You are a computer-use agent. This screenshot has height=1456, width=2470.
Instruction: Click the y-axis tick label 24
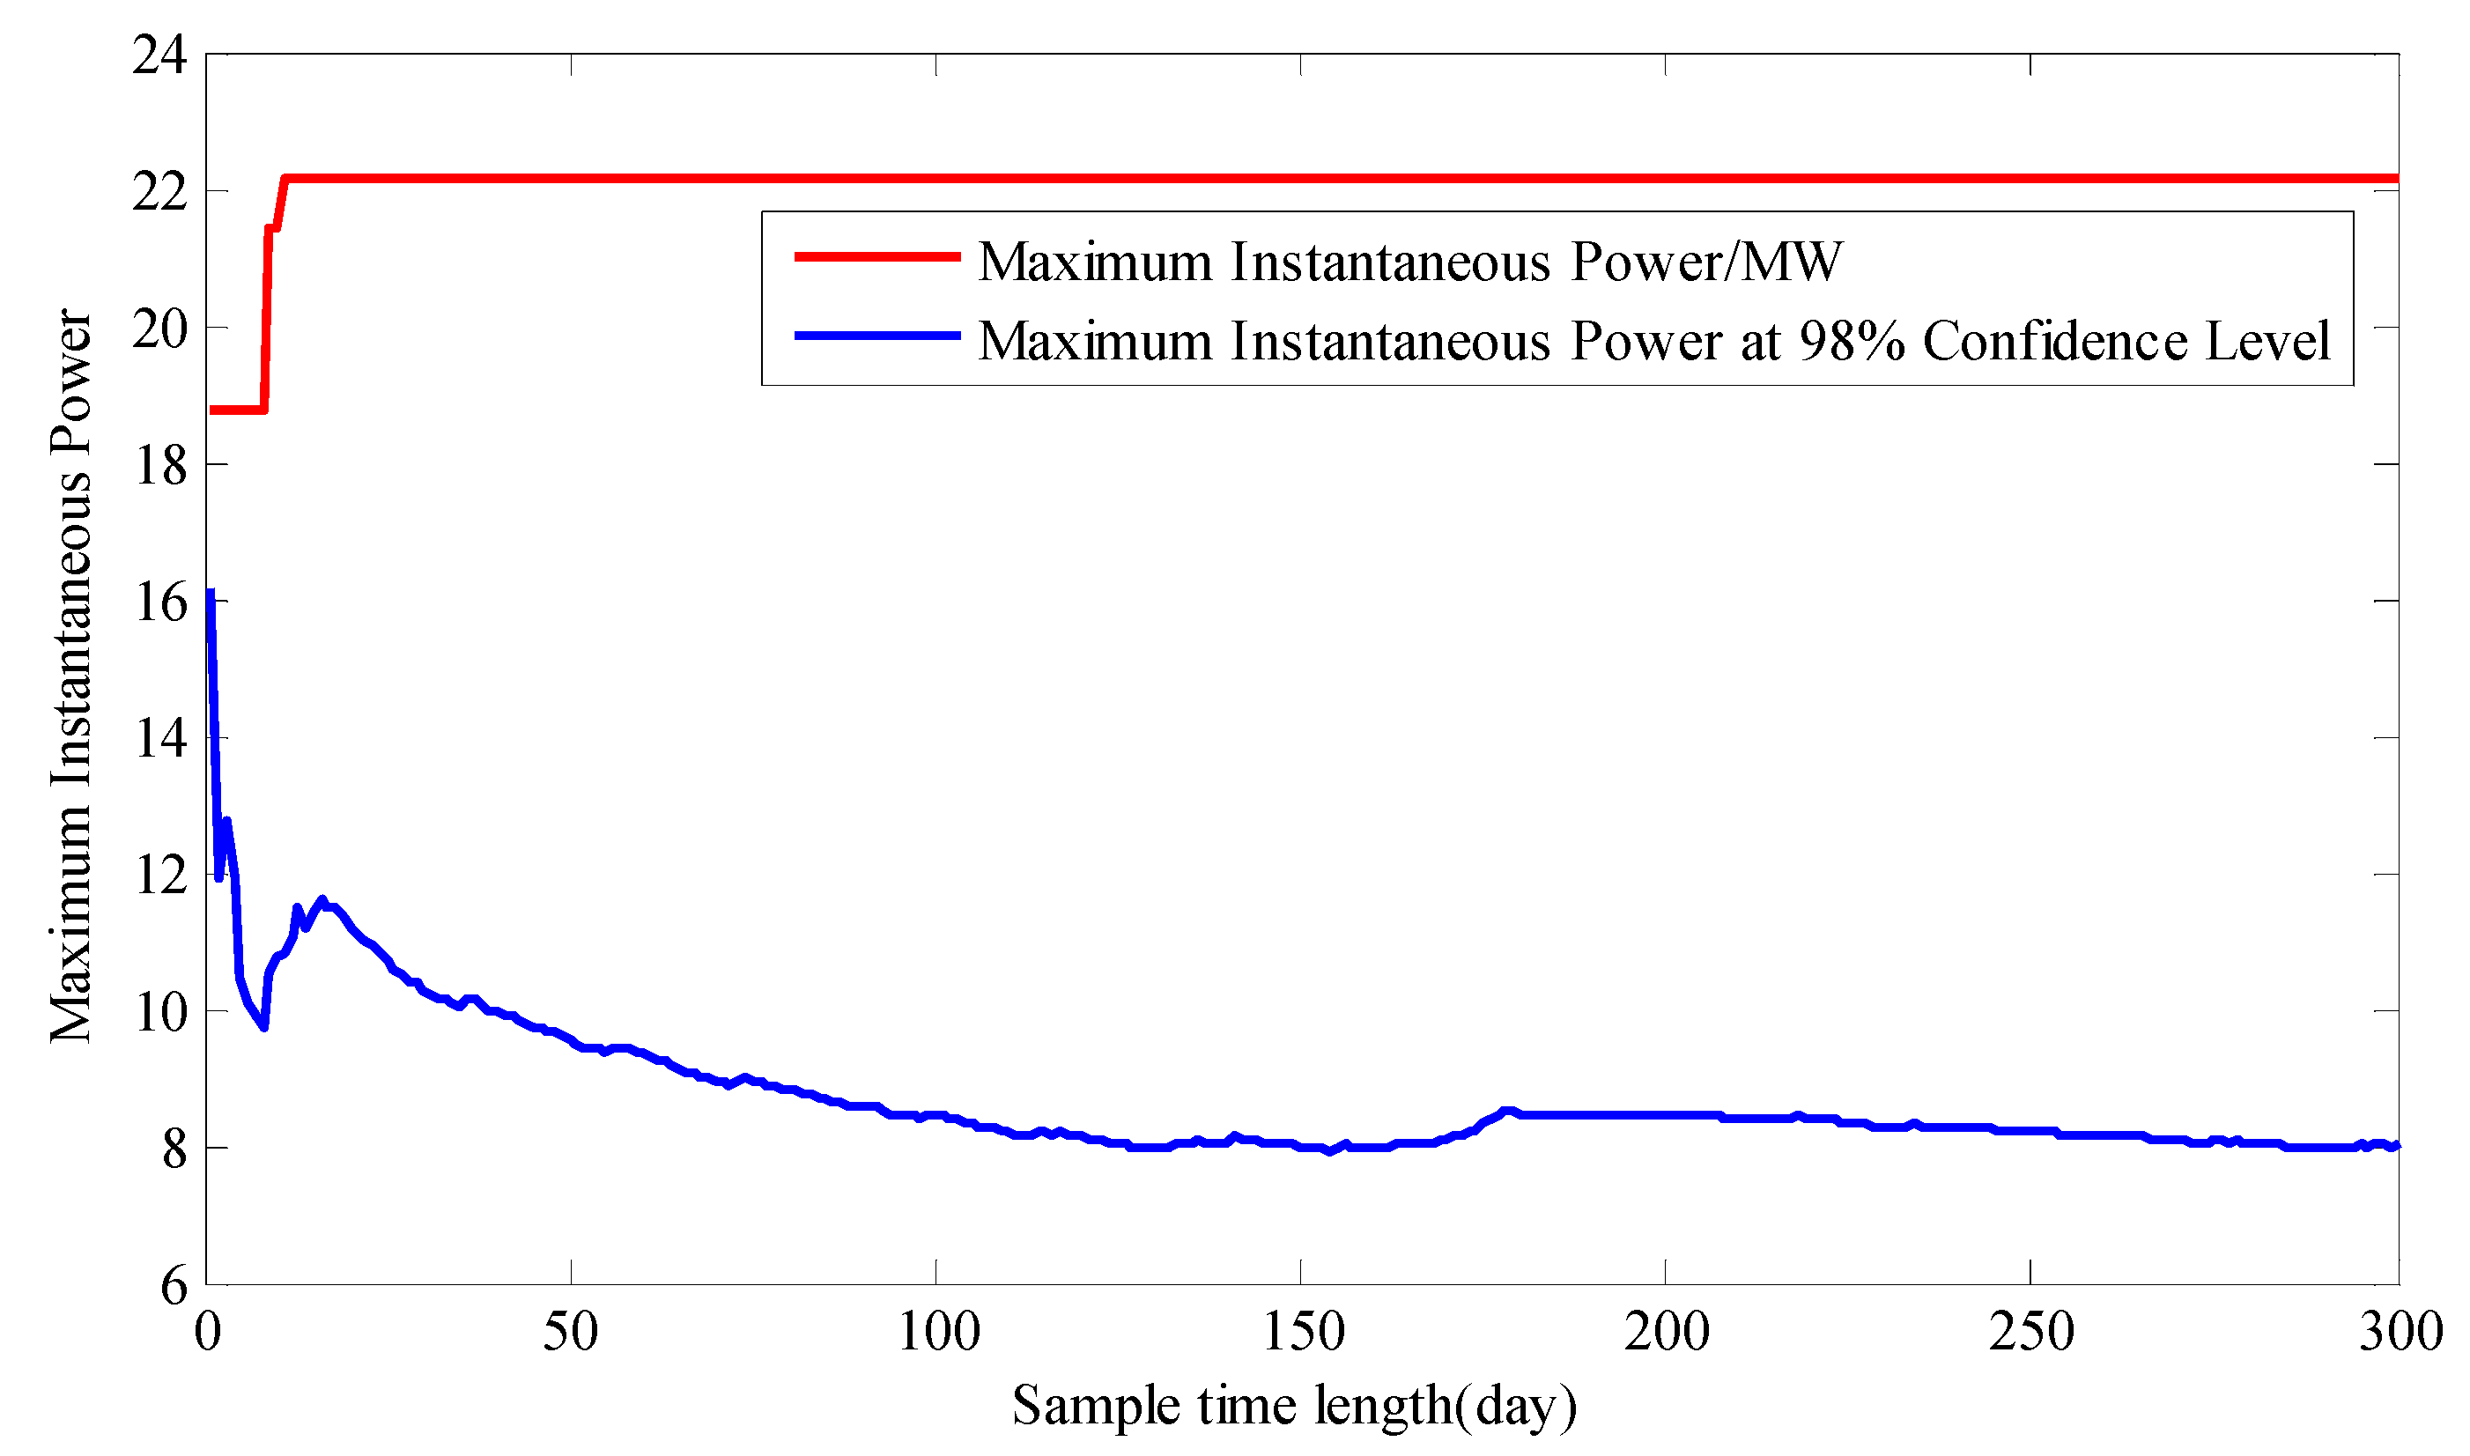[x=159, y=55]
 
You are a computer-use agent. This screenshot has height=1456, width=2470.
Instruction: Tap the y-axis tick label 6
[x=174, y=1286]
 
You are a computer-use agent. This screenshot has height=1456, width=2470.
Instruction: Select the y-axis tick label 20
[x=159, y=329]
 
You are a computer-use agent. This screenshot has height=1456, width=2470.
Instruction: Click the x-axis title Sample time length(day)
[x=1295, y=1406]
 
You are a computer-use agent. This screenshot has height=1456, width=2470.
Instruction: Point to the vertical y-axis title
[x=70, y=677]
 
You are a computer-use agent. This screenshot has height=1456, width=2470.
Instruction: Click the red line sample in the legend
[x=877, y=257]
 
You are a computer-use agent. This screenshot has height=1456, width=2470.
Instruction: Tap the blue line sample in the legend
[x=877, y=336]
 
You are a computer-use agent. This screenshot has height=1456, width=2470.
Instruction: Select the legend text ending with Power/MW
[x=1409, y=262]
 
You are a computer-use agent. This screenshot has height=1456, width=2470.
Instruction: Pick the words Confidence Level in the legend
[x=2126, y=342]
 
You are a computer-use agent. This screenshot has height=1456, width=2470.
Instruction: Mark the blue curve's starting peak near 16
[x=211, y=595]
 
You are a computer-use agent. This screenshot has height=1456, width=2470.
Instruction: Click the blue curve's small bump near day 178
[x=1509, y=1112]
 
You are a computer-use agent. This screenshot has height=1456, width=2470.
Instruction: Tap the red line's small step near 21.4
[x=273, y=229]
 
